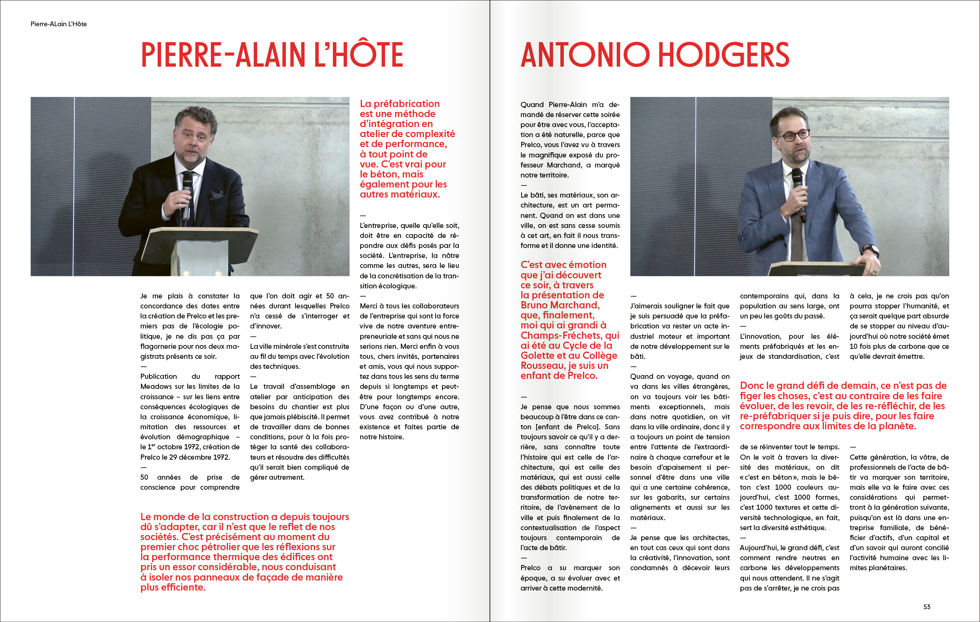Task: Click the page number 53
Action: point(927,606)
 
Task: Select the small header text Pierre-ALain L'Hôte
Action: point(59,24)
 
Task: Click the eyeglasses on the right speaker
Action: point(794,135)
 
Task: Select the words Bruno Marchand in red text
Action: point(560,305)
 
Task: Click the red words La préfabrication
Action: point(400,104)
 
